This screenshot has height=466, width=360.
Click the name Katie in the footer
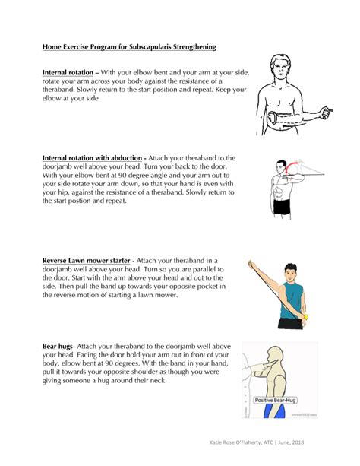[x=220, y=442]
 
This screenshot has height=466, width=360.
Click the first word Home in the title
[x=51, y=46]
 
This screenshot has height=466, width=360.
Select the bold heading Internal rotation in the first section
[x=69, y=73]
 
